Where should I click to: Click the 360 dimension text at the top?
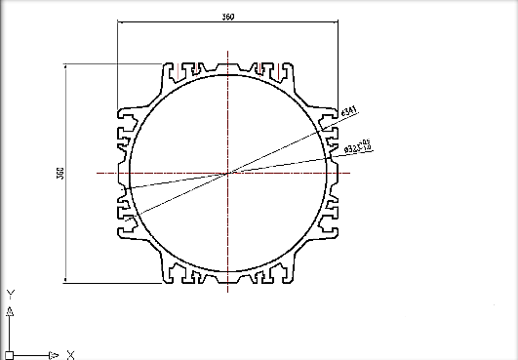[228, 17]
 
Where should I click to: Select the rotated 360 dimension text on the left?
[60, 173]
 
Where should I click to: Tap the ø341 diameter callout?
[346, 113]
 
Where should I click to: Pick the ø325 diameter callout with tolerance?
[358, 147]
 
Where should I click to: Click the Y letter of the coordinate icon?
[9, 293]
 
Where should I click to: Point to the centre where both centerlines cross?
[228, 173]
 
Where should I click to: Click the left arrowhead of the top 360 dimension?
[120, 22]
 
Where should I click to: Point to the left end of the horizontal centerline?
[97, 173]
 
